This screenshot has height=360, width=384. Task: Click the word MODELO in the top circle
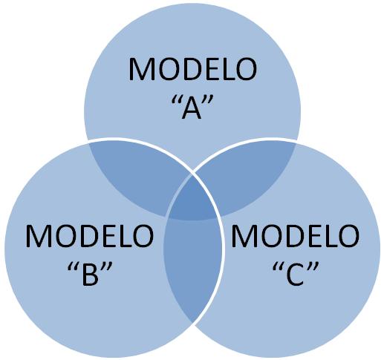pyautogui.click(x=192, y=69)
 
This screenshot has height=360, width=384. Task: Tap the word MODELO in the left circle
pyautogui.click(x=90, y=236)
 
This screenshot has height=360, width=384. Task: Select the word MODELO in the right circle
pyautogui.click(x=295, y=236)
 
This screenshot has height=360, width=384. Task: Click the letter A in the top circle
pyautogui.click(x=192, y=108)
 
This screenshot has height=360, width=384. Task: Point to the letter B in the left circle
pyautogui.click(x=91, y=275)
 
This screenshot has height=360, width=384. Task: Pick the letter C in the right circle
pyautogui.click(x=295, y=275)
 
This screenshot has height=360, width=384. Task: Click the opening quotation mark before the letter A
pyautogui.click(x=175, y=101)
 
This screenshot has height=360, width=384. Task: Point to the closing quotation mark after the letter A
pyautogui.click(x=207, y=101)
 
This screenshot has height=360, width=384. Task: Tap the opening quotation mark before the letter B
pyautogui.click(x=72, y=267)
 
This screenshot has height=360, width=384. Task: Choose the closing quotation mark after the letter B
pyautogui.click(x=107, y=267)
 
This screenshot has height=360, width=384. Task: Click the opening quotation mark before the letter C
pyautogui.click(x=277, y=267)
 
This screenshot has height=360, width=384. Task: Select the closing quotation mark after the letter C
pyautogui.click(x=313, y=267)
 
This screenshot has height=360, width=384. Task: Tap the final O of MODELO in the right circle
pyautogui.click(x=348, y=236)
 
